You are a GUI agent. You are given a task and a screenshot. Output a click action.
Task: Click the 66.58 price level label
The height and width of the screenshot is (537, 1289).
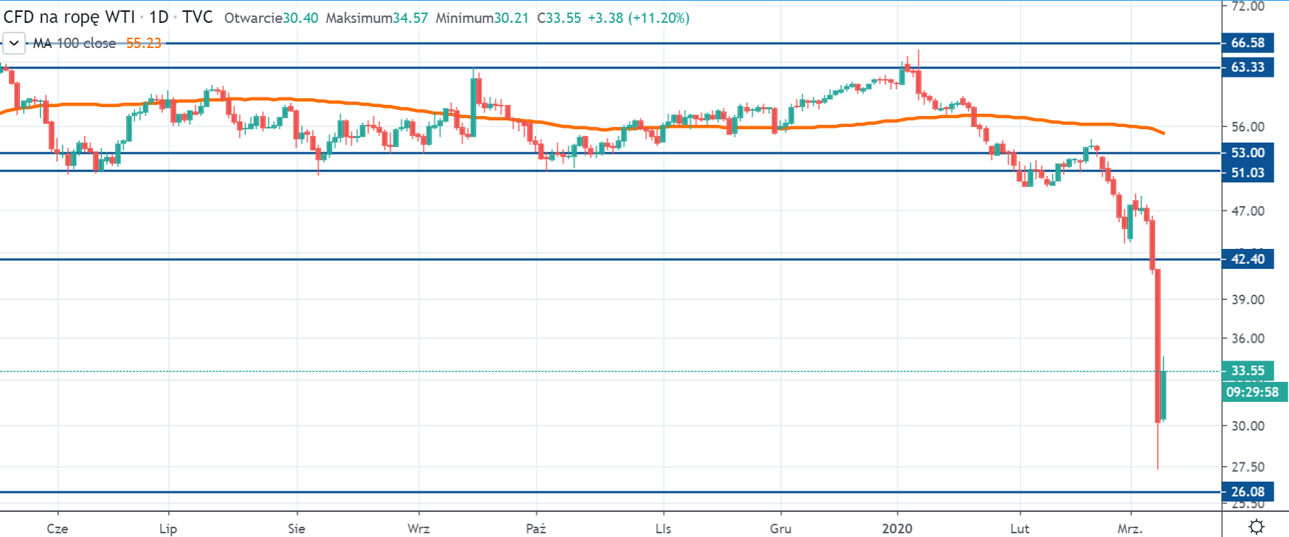[x=1247, y=43]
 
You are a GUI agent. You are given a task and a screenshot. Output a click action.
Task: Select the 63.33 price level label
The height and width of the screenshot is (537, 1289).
[x=1247, y=67]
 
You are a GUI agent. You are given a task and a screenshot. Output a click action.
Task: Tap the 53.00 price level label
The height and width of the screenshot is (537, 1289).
[x=1247, y=153]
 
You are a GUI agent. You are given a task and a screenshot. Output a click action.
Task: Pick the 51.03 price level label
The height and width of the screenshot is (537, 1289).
[x=1247, y=173]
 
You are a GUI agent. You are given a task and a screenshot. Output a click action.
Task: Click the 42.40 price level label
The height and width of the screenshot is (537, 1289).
[x=1247, y=259]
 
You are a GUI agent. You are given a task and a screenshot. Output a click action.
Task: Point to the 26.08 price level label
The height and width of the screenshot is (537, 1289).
[x=1247, y=492]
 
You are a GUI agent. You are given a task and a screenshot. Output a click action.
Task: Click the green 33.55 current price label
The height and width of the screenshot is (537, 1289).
[x=1247, y=371]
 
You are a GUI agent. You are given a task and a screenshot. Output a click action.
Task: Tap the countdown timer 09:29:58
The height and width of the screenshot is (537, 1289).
[x=1252, y=392]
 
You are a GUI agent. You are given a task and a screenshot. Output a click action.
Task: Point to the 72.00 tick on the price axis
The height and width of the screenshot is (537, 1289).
[x=1248, y=7]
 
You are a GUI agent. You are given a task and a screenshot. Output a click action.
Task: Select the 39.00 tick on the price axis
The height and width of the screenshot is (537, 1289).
[x=1248, y=299]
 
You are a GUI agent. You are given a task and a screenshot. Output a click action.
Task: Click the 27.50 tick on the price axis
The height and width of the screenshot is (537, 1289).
[x=1248, y=467]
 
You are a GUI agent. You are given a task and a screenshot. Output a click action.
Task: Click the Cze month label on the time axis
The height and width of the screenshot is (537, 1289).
[x=58, y=528]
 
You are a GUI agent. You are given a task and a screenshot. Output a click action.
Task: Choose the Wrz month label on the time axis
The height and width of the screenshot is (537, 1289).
[x=418, y=528]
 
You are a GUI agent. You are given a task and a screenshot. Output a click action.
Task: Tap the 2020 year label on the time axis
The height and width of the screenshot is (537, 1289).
[x=897, y=528]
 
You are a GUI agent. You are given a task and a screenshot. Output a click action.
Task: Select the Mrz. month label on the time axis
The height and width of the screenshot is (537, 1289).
[x=1130, y=528]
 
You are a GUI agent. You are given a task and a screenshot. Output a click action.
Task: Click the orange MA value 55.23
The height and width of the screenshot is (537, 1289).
[x=143, y=43]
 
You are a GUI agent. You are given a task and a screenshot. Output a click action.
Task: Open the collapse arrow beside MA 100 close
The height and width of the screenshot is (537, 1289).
[x=14, y=43]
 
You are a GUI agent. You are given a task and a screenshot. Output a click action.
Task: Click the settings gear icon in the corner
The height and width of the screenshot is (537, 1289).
[x=1256, y=527]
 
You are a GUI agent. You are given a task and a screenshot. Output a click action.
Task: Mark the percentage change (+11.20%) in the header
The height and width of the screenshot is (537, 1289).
[x=659, y=18]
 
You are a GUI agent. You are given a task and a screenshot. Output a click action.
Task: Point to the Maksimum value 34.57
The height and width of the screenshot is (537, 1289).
[x=410, y=18]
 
